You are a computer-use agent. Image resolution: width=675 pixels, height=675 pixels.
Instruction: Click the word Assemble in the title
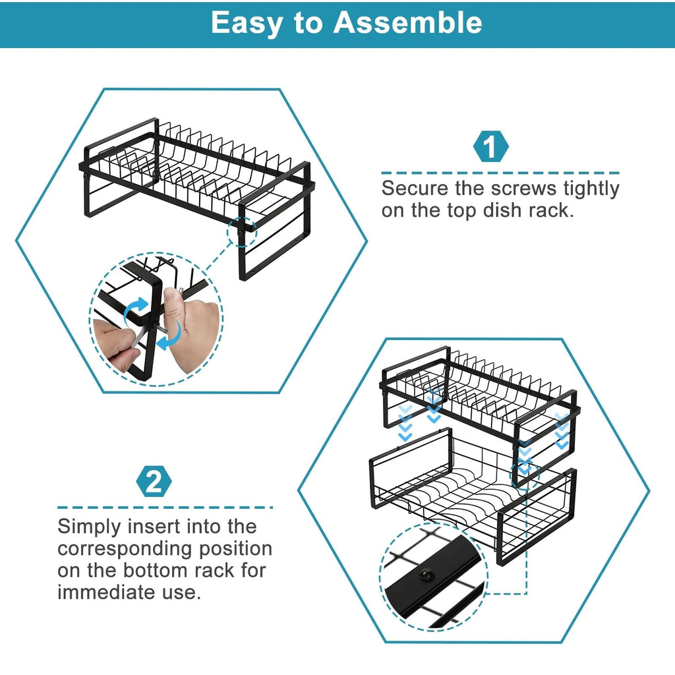coord(408,22)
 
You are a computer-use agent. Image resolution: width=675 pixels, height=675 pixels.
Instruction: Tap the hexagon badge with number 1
coord(492,147)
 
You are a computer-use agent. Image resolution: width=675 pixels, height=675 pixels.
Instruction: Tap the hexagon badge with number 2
coord(154,482)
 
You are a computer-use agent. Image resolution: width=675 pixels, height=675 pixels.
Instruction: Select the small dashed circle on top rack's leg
coord(243,231)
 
